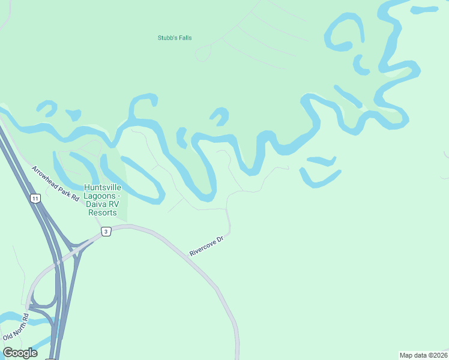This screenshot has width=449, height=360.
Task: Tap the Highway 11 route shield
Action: (x=35, y=199)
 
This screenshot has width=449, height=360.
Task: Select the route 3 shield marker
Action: (x=106, y=232)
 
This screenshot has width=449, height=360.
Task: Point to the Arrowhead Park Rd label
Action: (x=56, y=183)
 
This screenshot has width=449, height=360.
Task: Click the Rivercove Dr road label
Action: (x=206, y=246)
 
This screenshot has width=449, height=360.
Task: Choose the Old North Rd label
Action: (x=16, y=327)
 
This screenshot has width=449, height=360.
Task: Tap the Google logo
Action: (x=20, y=353)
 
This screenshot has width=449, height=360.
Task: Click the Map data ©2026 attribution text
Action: (x=423, y=355)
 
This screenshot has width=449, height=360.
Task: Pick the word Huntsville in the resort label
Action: (x=102, y=188)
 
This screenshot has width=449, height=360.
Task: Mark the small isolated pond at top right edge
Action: (x=424, y=10)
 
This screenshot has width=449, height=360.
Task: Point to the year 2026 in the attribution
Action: (x=440, y=355)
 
